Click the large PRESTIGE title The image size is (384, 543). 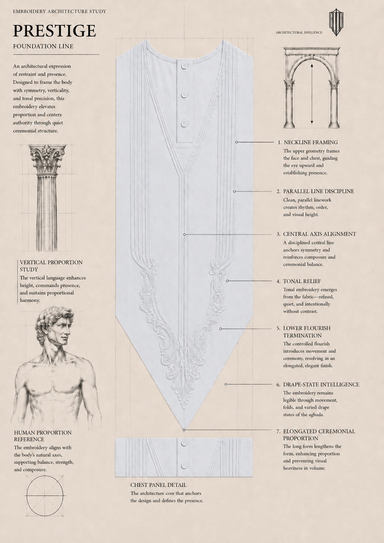[55, 31]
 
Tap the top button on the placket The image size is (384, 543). [185, 66]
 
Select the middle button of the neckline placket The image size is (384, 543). [185, 95]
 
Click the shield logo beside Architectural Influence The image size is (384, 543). [336, 22]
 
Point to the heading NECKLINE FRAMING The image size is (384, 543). [310, 142]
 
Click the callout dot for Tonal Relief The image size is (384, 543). [227, 281]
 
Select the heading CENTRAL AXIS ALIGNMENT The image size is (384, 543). [320, 234]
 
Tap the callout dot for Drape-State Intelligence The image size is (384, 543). [226, 384]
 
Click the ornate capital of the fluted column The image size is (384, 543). [47, 159]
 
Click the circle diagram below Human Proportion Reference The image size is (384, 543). [45, 496]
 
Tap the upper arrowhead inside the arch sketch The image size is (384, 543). [312, 65]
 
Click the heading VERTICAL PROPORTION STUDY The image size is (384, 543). [51, 266]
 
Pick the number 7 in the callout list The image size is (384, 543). [278, 431]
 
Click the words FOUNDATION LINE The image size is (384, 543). [43, 46]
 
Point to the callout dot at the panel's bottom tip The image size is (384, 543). [184, 430]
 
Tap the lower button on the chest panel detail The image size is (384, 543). [185, 465]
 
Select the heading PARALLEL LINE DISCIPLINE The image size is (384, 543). [318, 191]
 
